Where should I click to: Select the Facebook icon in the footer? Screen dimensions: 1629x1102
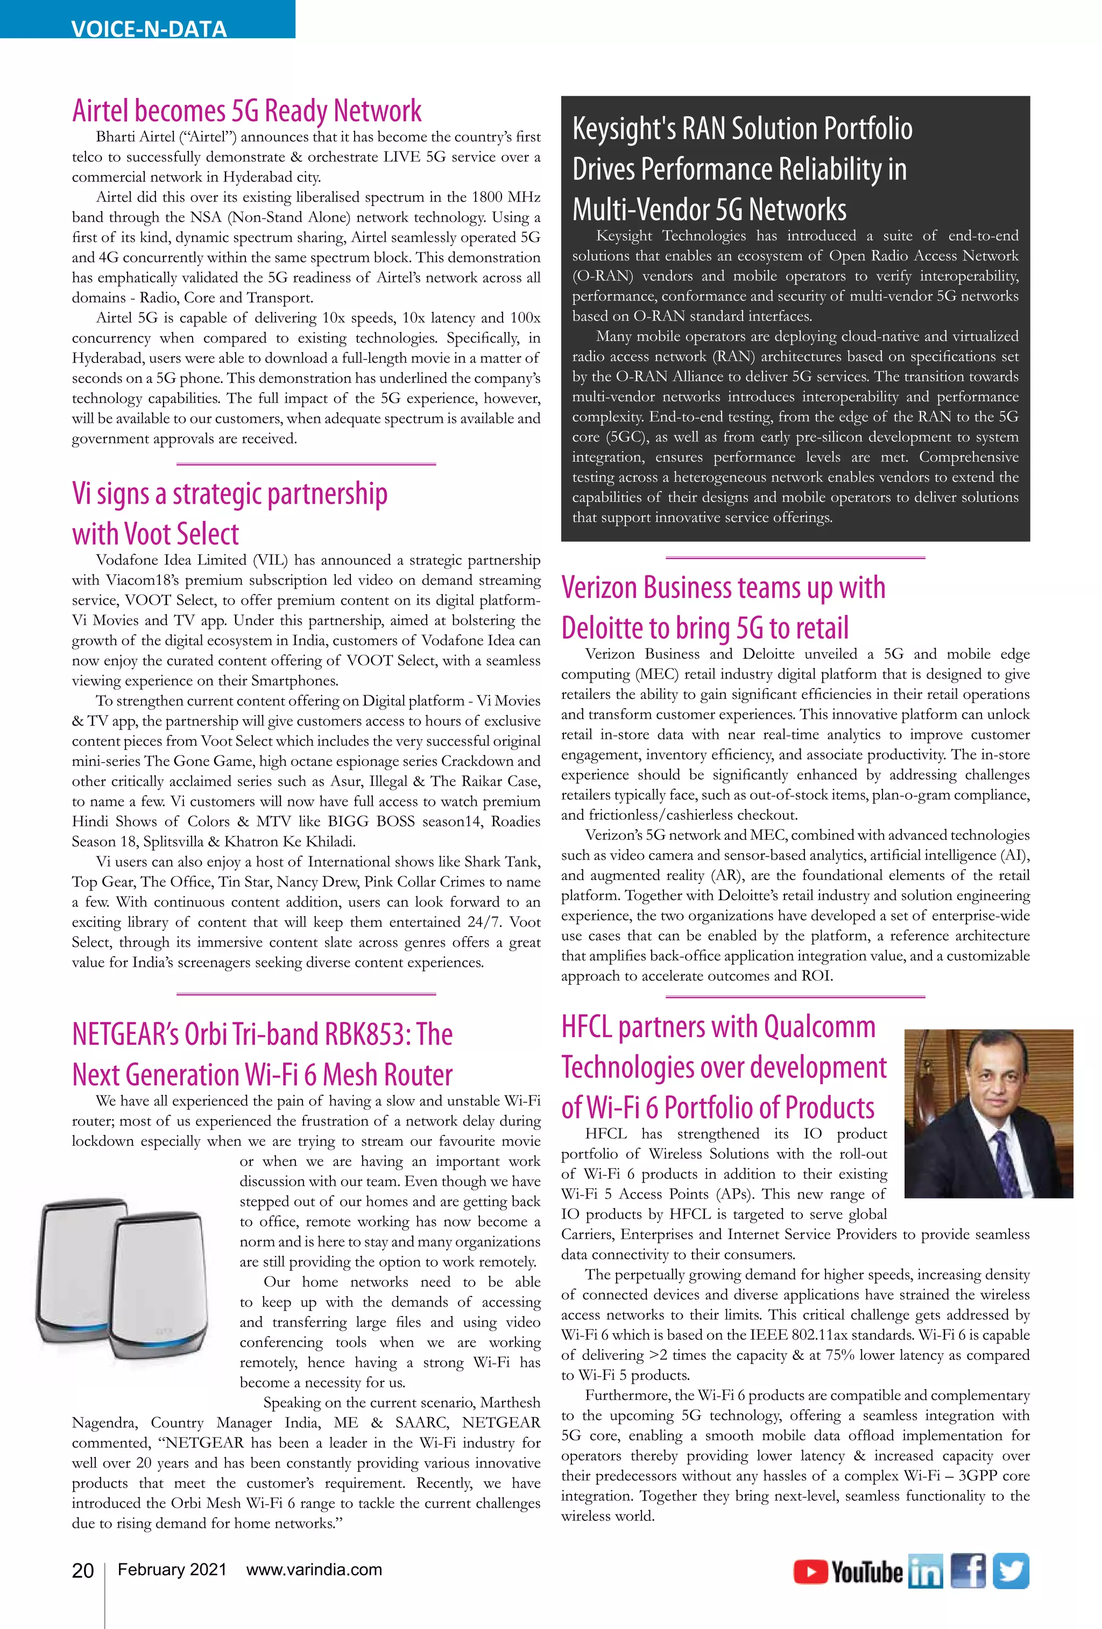[967, 1571]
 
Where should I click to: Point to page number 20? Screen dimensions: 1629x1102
[83, 1571]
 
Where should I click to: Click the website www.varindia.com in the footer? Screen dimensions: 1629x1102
[314, 1569]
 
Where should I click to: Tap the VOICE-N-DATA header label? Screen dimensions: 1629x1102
[149, 28]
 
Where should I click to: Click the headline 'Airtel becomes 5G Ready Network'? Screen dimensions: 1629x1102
[247, 111]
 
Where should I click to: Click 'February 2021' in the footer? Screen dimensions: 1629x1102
[172, 1569]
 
